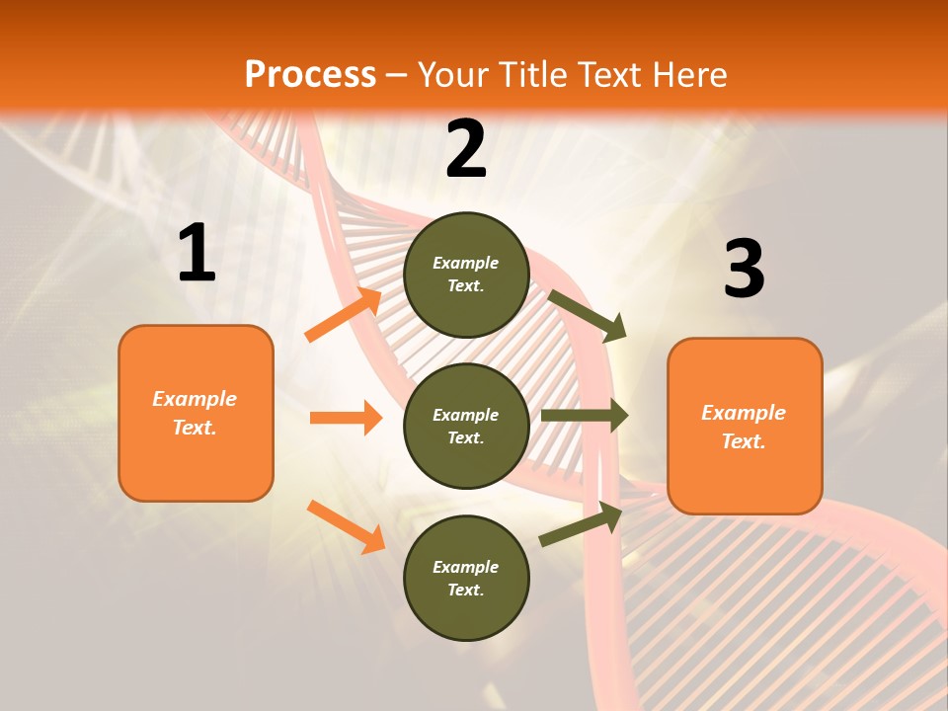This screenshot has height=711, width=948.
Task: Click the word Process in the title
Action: tap(310, 75)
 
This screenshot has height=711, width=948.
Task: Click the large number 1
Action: tap(197, 254)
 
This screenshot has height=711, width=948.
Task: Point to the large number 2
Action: tap(466, 149)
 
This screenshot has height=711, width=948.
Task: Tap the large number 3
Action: tap(744, 269)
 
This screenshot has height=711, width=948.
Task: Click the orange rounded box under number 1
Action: tap(196, 413)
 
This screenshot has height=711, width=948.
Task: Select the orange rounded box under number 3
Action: tap(745, 427)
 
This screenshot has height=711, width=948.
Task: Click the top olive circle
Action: tap(466, 275)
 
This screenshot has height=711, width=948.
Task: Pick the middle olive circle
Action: tap(466, 426)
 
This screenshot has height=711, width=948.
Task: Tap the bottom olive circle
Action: tap(466, 578)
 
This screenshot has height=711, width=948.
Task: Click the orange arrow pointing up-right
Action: tap(344, 315)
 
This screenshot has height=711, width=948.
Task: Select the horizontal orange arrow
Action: tap(346, 418)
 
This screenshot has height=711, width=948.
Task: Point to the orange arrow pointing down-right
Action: tap(346, 526)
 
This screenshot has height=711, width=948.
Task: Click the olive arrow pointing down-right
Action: tap(588, 315)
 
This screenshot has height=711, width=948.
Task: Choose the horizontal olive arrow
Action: tap(584, 416)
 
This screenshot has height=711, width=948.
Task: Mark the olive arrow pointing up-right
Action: tap(582, 523)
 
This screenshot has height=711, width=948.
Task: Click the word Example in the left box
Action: tap(195, 399)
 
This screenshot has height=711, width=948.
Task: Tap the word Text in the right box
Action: tap(744, 441)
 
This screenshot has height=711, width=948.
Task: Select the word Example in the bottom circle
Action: tap(466, 567)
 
